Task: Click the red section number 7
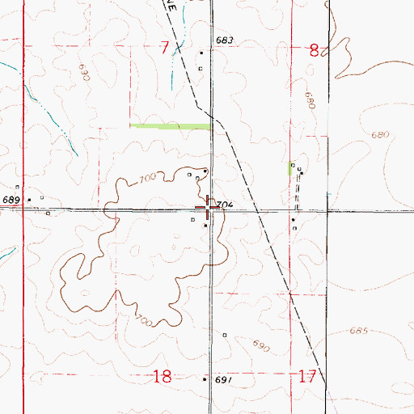[x=165, y=49]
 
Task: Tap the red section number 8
[x=314, y=50]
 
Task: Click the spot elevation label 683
[x=224, y=40]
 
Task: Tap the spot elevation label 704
[x=226, y=206]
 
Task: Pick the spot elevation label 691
[x=224, y=379]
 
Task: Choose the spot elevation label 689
[x=10, y=200]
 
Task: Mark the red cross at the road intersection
[x=210, y=209]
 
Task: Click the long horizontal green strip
[x=171, y=126]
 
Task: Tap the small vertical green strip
[x=291, y=168]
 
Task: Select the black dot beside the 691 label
[x=206, y=378]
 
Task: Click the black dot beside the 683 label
[x=202, y=53]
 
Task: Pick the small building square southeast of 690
[x=225, y=334]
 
